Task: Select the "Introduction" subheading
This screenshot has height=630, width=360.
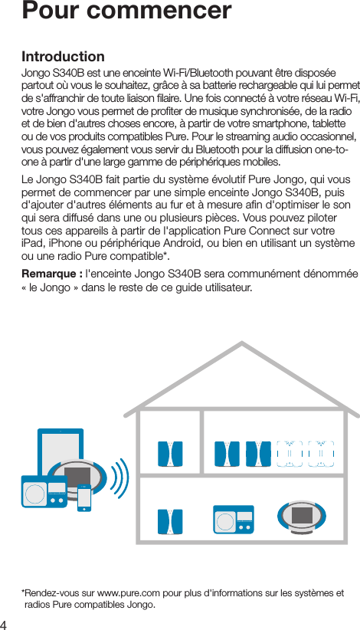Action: click(63, 57)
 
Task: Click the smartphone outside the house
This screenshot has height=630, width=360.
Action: click(84, 497)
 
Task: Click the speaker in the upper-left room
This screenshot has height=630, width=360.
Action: click(169, 453)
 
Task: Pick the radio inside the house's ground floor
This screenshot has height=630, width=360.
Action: click(234, 521)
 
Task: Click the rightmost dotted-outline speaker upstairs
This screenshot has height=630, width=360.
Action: click(321, 453)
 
